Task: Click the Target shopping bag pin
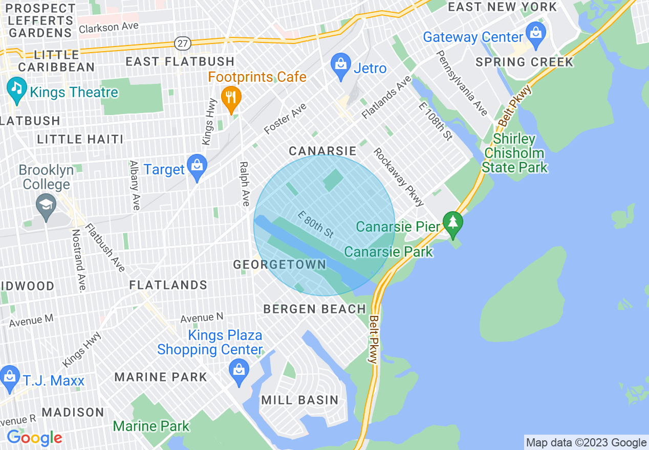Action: (197, 167)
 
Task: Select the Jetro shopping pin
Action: (340, 66)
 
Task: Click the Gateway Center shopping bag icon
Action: (536, 35)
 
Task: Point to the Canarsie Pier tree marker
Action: (452, 223)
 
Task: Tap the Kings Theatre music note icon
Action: (17, 89)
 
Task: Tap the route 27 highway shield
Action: (182, 43)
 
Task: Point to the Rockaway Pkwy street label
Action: (399, 177)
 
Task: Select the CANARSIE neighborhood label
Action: (322, 151)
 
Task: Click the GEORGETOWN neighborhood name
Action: (279, 264)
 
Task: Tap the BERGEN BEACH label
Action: (315, 309)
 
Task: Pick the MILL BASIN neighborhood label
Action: (300, 400)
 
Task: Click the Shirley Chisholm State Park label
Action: (514, 153)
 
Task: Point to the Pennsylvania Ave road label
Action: (462, 83)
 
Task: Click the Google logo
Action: (34, 438)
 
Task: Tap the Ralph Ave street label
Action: (245, 184)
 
